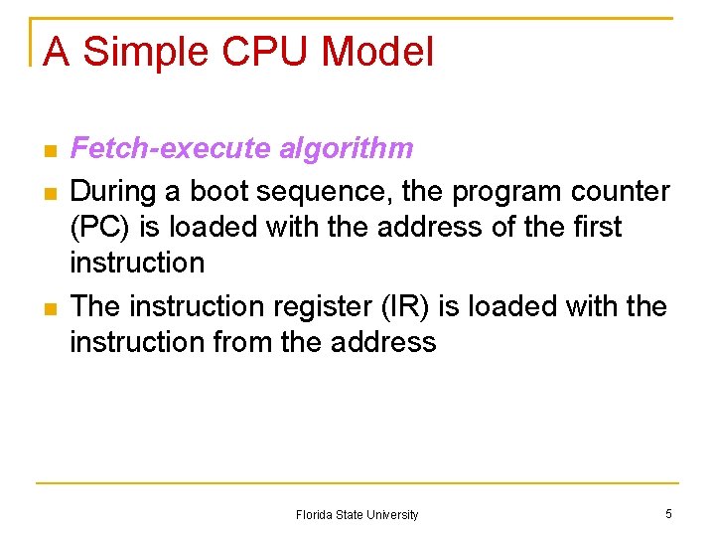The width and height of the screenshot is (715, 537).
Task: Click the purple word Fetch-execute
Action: coord(171,149)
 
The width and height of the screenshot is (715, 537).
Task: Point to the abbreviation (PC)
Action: coord(100,227)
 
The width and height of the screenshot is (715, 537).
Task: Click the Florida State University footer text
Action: coord(357,515)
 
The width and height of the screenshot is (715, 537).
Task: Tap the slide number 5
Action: coord(668,514)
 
